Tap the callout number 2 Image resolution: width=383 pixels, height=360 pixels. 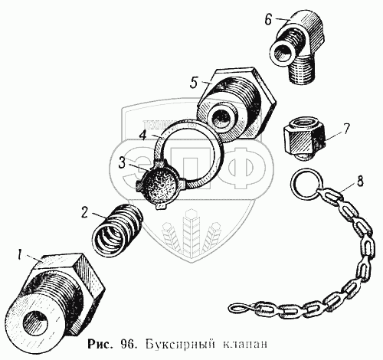[x=85, y=212]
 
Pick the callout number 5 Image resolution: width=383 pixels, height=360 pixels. [x=194, y=83]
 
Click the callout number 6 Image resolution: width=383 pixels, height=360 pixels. [x=268, y=19]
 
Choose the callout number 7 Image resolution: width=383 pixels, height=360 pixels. [x=345, y=129]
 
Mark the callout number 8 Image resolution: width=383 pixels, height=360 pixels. [x=359, y=182]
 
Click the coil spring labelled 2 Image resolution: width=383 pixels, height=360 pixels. [x=117, y=229]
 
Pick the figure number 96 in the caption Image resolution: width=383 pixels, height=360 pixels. [x=129, y=344]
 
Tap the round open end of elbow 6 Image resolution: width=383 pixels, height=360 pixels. [x=283, y=53]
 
